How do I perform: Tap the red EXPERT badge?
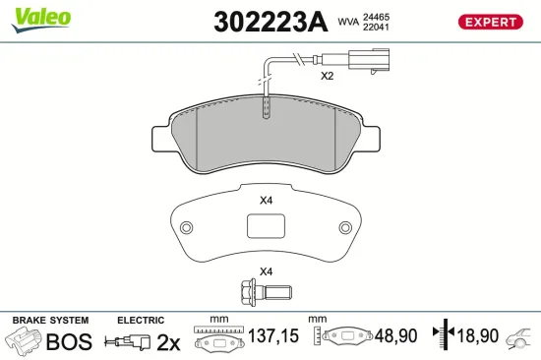489,22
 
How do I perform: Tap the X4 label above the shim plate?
266,201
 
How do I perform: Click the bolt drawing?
264,291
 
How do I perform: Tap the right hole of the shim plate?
343,229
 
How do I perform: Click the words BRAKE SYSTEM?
49,320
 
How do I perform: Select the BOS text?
69,341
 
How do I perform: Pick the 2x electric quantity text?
168,341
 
